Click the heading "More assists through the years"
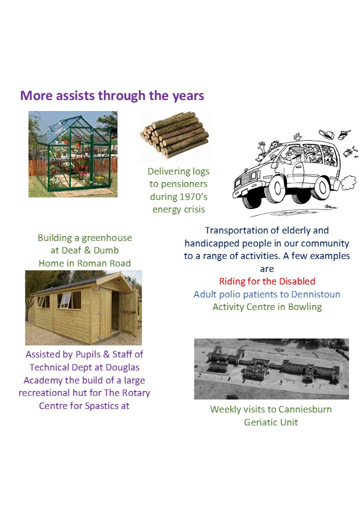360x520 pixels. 112,95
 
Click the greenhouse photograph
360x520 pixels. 73,154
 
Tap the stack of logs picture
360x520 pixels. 174,134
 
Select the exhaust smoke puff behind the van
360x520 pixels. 348,182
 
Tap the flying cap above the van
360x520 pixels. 326,134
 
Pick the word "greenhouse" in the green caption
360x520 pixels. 106,238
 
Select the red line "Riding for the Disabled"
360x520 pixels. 267,281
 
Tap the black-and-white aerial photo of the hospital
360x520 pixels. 271,369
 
